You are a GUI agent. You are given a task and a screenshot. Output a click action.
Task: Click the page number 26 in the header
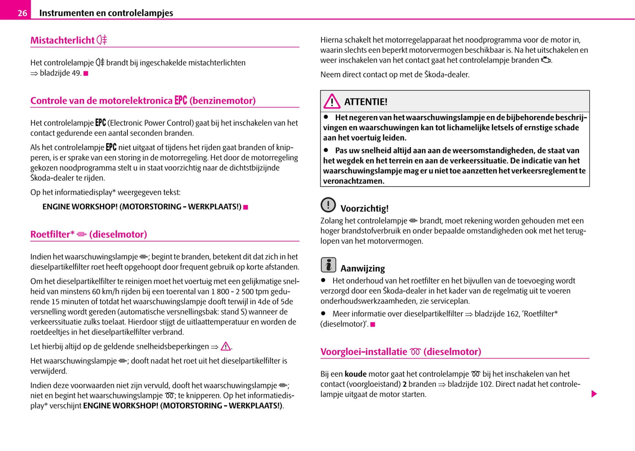(22, 13)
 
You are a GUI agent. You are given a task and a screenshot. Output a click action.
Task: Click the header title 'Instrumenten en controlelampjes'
(106, 13)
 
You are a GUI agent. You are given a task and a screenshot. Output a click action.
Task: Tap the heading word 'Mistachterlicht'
(62, 40)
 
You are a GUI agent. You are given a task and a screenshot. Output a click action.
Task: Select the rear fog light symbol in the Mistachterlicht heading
(102, 40)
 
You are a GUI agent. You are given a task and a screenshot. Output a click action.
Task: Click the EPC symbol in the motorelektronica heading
(181, 100)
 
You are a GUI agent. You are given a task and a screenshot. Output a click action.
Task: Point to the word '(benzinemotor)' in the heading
(222, 101)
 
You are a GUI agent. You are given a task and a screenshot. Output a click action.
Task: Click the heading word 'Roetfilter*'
(52, 234)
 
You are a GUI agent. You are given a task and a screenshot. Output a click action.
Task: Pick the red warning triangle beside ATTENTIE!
(332, 102)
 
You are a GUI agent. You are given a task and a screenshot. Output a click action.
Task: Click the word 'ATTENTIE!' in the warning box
(366, 102)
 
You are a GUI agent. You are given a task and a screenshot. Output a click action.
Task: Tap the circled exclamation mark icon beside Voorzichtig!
(328, 205)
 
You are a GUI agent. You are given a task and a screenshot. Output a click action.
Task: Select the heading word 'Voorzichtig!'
(364, 209)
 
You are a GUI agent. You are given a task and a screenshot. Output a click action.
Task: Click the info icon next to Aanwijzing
(328, 265)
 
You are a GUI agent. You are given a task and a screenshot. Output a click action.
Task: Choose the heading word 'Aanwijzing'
(363, 269)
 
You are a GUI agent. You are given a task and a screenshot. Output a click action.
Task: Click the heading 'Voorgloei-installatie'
(363, 352)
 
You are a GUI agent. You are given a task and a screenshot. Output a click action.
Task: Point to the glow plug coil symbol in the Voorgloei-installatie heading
(415, 352)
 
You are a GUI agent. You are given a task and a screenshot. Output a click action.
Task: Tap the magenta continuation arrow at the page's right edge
(594, 394)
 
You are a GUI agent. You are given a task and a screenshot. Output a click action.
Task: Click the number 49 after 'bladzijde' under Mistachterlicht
(76, 73)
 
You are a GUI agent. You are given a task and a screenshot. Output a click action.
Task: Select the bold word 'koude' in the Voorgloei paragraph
(356, 374)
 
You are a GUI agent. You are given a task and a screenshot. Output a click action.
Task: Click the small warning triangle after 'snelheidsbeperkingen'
(226, 346)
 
